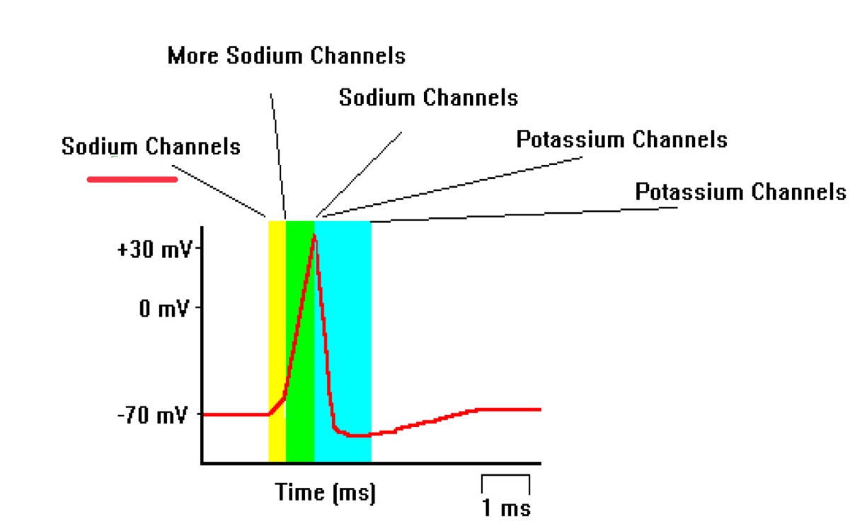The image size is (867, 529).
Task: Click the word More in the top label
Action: click(193, 55)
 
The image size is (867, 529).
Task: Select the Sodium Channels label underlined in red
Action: click(151, 147)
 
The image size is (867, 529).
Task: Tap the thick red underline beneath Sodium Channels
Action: click(132, 179)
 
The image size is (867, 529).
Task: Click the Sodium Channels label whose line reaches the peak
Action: click(428, 97)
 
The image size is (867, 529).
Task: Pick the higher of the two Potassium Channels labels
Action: click(621, 140)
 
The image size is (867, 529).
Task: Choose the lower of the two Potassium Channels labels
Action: click(740, 192)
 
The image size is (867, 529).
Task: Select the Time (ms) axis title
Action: click(326, 492)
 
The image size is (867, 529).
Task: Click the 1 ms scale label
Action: click(506, 508)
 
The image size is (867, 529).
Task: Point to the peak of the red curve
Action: click(314, 234)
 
